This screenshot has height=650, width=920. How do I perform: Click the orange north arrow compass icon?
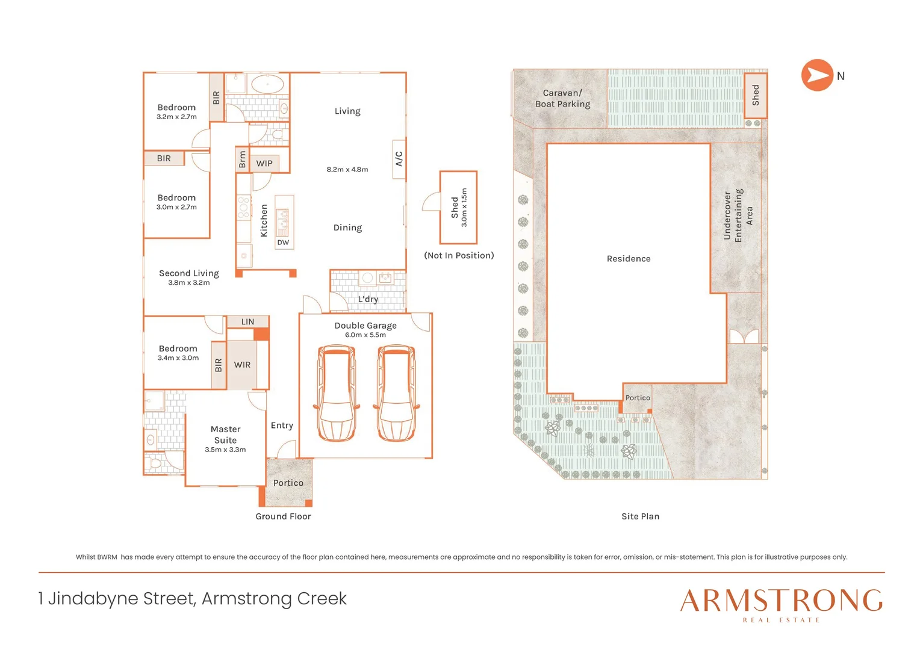[x=816, y=75]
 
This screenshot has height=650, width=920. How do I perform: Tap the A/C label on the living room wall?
[x=399, y=159]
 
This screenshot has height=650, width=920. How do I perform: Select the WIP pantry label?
[x=264, y=163]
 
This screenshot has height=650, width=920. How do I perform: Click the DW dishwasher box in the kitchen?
[x=283, y=243]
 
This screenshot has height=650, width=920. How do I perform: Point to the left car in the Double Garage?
[x=336, y=393]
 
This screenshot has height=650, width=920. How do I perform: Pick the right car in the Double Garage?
[x=396, y=393]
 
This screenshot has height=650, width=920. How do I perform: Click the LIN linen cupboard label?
[x=247, y=322]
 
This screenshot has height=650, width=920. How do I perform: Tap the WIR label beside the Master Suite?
[x=242, y=365]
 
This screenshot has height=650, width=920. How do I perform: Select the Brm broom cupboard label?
[x=242, y=159]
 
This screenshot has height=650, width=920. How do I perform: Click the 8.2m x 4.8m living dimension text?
[x=347, y=170]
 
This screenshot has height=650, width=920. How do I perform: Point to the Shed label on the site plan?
[x=755, y=95]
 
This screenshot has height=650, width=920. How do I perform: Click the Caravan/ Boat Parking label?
[x=562, y=99]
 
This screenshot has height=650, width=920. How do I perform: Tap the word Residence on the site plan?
[x=628, y=259]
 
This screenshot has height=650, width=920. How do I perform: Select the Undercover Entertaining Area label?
[x=738, y=215]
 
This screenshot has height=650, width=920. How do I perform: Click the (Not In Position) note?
[x=459, y=256]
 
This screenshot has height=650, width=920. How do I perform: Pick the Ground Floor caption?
[x=283, y=516]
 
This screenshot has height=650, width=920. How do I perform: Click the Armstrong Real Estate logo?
[x=781, y=604]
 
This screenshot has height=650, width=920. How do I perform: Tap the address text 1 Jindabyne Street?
[x=192, y=599]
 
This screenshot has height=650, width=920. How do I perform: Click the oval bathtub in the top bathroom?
[x=267, y=84]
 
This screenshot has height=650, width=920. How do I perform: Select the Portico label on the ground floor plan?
[x=288, y=483]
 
